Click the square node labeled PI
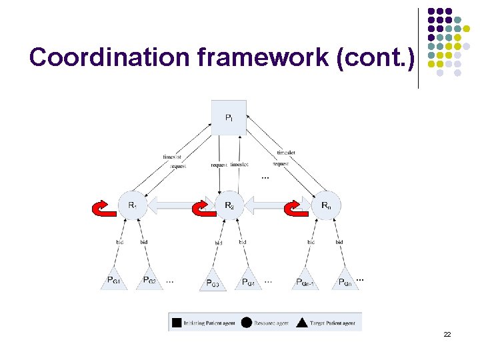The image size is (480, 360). tap(229, 117)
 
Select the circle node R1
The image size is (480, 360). tap(132, 205)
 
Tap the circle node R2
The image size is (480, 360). tap(229, 205)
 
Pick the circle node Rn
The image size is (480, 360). tap(325, 205)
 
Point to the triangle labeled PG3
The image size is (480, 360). tap(212, 281)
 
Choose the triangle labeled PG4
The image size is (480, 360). tap(247, 281)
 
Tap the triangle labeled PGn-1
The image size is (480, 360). tap(305, 281)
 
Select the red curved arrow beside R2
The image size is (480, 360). tap(202, 209)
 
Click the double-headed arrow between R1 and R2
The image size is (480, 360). tap(180, 205)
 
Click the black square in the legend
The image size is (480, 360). tap(176, 323)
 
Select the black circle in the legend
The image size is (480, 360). tap(246, 323)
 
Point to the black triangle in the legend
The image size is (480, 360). tap(301, 323)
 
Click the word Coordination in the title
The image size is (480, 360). tap(110, 57)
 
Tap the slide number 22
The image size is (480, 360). tap(447, 334)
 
